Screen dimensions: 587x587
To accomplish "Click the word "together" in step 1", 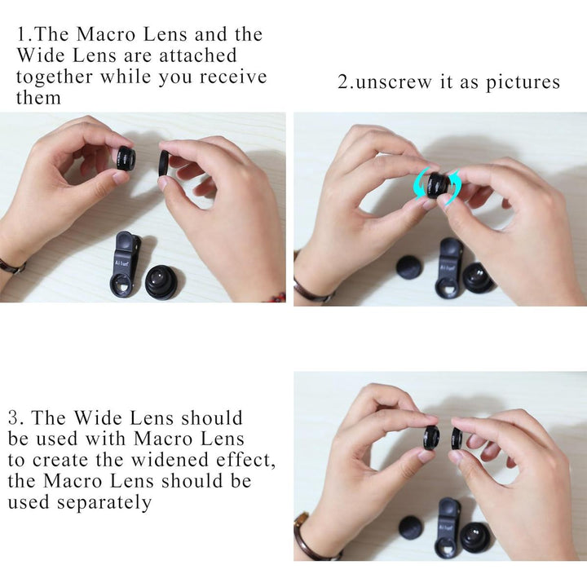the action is pyautogui.click(x=55, y=77).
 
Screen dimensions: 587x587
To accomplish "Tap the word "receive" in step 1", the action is pyautogui.click(x=232, y=77).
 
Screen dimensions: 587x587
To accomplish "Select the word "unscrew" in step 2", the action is pyautogui.click(x=395, y=82).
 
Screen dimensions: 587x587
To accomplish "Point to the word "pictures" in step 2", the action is pyautogui.click(x=523, y=82).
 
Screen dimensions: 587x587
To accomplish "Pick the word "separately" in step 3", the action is pyautogui.click(x=104, y=503).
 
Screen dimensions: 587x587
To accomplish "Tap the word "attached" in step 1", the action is pyautogui.click(x=198, y=55).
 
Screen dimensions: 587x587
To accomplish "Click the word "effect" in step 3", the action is pyautogui.click(x=245, y=460).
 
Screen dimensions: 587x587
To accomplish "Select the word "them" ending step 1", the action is pyautogui.click(x=38, y=98).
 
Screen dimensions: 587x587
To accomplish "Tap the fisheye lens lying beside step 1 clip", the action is pyautogui.click(x=162, y=281).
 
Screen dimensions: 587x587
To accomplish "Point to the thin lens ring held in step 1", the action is pyautogui.click(x=164, y=163).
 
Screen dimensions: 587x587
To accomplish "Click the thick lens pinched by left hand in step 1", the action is pyautogui.click(x=126, y=159).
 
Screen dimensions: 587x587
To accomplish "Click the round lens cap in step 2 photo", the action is pyautogui.click(x=410, y=267).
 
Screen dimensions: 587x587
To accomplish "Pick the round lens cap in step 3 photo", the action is pyautogui.click(x=411, y=527).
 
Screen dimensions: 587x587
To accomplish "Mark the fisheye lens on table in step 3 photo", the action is pyautogui.click(x=477, y=537).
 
